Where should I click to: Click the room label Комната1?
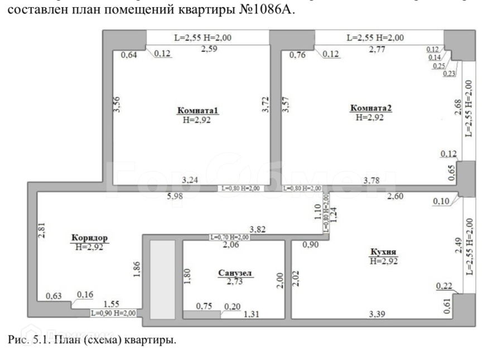pos(198,110)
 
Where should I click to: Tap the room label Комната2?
pos(371,108)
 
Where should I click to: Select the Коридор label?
pos(89,239)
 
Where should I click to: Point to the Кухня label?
pos(386,252)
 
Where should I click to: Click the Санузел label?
pos(235,273)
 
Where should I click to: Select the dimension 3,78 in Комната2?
pos(373,180)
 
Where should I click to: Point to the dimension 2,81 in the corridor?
pos(40,231)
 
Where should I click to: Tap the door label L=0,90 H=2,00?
pos(114,313)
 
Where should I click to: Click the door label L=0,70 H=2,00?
pos(229,237)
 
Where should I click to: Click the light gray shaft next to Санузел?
pos(163,279)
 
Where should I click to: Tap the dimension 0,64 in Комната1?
pos(129,55)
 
